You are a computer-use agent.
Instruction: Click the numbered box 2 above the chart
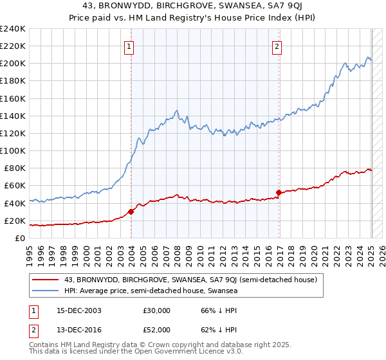point(277,46)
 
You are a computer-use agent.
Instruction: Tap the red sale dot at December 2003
point(131,212)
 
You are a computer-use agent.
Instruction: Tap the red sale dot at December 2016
point(278,192)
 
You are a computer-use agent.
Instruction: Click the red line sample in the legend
point(46,280)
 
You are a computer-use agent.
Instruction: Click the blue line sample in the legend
point(46,291)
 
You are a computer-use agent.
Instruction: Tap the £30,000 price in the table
point(156,310)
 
